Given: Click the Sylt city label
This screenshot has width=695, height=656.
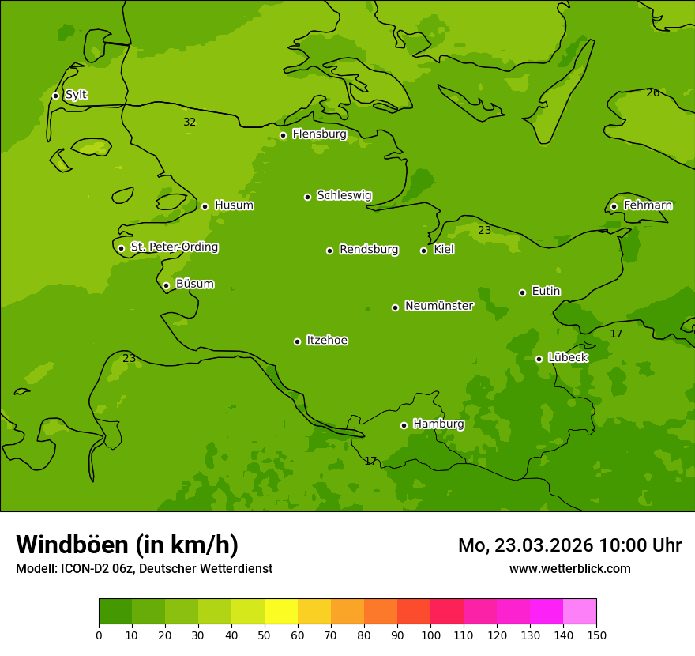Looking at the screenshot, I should point(76,95).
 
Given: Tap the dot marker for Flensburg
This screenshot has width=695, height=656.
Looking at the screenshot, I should point(283,135).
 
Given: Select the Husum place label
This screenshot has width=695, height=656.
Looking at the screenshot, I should point(234,205).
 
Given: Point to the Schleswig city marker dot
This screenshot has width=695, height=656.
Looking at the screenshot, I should point(307,197).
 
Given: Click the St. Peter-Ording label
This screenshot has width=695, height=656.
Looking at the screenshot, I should point(174,247).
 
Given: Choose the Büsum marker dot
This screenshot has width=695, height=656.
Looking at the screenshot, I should point(166,285).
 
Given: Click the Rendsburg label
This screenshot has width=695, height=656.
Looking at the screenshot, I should point(369,250).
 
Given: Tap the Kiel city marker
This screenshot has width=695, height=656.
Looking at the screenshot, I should point(423,251).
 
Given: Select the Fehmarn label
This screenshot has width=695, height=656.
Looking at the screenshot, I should point(648,205).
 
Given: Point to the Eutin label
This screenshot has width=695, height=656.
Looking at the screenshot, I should point(546,292).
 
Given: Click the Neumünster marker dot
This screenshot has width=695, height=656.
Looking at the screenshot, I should point(395,307).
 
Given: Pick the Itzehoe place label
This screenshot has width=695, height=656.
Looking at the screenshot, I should point(327,341).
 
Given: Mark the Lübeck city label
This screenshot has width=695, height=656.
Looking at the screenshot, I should point(568,358).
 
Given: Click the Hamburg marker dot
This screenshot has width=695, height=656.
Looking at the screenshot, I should point(404,425).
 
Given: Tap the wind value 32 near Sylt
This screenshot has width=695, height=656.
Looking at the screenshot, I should point(190,122).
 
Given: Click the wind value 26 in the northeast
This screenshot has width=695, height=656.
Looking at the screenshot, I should point(653,92).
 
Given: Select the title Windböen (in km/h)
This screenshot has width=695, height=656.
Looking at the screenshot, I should point(127,545).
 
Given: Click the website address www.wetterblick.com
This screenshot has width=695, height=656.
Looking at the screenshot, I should point(569,568).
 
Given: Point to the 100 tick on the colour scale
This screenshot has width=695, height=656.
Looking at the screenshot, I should point(430,635).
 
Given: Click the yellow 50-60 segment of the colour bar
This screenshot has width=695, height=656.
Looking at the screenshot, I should point(281,612).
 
